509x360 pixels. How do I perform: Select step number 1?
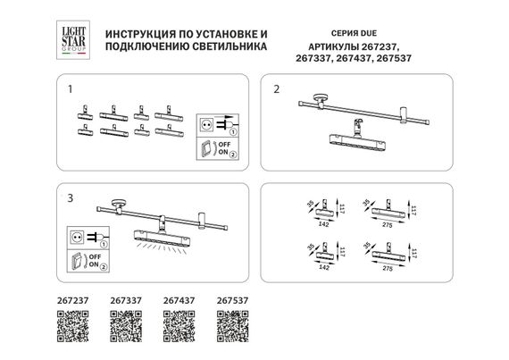pos(69,89)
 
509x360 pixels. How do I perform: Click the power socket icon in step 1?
pos(206,126)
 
